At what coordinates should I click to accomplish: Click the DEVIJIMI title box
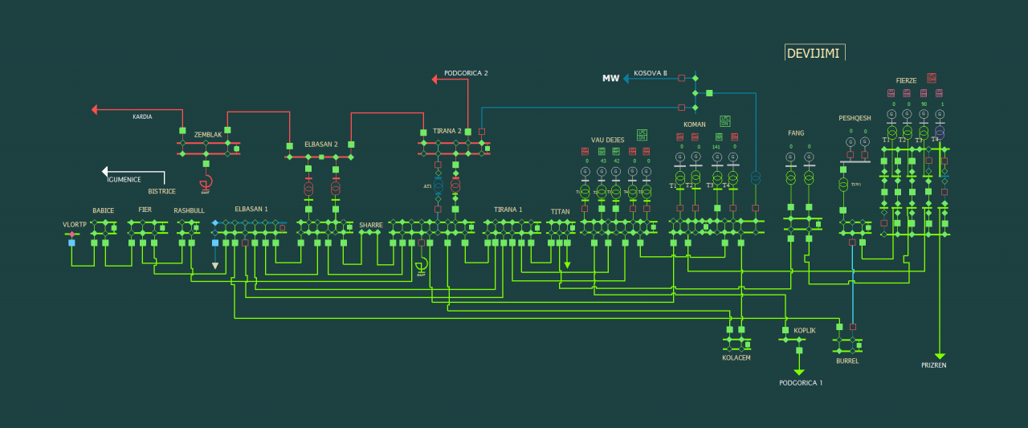click(814, 53)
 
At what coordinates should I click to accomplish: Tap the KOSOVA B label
click(651, 73)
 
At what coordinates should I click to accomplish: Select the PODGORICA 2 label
click(466, 73)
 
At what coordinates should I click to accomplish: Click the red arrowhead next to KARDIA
click(95, 109)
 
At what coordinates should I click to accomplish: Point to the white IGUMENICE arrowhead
click(104, 171)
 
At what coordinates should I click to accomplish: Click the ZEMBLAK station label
click(207, 134)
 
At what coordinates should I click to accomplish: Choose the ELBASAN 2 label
click(320, 145)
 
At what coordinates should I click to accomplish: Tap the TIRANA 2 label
click(447, 131)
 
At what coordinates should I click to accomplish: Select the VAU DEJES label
click(607, 140)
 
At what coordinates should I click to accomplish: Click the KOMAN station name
click(694, 124)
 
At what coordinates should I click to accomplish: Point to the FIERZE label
click(906, 80)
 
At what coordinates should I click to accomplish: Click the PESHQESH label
click(855, 117)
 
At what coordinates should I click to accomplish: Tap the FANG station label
click(796, 132)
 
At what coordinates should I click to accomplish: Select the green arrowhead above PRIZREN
click(940, 356)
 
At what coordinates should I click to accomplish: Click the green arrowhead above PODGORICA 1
click(799, 372)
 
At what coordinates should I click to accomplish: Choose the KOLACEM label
click(736, 357)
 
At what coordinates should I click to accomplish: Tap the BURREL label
click(847, 361)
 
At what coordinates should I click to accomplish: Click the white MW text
click(610, 78)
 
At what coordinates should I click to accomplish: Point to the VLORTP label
click(75, 224)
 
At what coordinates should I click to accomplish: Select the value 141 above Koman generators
click(716, 147)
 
